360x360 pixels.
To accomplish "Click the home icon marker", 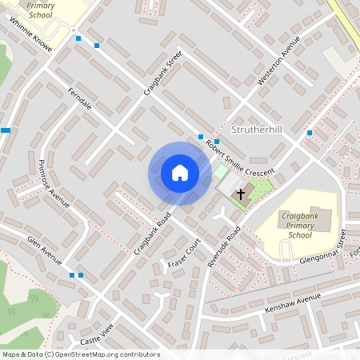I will coord(180,173).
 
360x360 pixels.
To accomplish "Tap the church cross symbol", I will coord(241,194).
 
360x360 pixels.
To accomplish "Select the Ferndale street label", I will coord(80,98).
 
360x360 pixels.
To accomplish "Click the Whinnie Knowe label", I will coord(32,36).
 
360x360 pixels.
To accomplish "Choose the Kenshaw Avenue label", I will coord(286,306).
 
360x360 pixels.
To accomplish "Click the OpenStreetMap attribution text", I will coord(81,354).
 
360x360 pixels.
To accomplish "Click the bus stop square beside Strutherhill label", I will coord(309,132).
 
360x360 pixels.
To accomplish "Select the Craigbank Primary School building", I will coord(321,220).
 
